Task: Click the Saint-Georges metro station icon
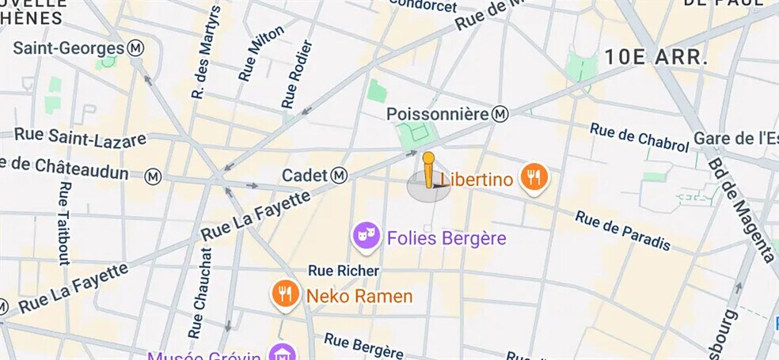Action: click(x=136, y=48)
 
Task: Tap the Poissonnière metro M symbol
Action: click(x=500, y=115)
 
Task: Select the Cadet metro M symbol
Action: click(x=340, y=174)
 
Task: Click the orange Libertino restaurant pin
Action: click(x=534, y=178)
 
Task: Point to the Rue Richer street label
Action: click(x=344, y=271)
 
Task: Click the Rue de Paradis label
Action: click(x=623, y=230)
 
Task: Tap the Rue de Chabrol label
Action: click(x=640, y=138)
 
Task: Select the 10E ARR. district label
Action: click(x=655, y=57)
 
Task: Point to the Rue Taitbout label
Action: click(x=64, y=224)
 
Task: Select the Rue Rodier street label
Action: click(x=297, y=74)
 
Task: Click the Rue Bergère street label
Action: click(x=363, y=346)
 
